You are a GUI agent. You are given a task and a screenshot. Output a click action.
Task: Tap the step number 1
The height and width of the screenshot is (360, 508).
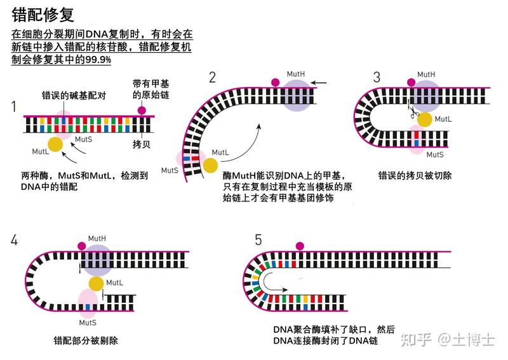[13, 106]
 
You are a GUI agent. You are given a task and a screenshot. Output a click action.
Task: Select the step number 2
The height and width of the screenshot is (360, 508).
[212, 77]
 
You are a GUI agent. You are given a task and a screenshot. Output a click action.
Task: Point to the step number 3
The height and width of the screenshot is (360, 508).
[377, 77]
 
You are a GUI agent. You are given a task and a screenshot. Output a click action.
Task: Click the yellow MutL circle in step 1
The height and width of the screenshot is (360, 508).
[56, 144]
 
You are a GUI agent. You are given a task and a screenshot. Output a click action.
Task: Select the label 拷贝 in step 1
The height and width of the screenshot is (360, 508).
[141, 144]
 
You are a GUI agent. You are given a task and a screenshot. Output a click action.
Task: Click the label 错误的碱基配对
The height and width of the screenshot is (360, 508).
[68, 95]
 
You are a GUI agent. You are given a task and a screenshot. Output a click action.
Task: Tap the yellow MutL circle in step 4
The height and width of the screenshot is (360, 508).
[97, 283]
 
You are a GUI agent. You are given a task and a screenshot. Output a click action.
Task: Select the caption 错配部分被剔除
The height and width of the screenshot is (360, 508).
[86, 340]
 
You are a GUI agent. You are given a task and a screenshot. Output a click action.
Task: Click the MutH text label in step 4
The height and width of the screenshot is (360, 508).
[97, 238]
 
